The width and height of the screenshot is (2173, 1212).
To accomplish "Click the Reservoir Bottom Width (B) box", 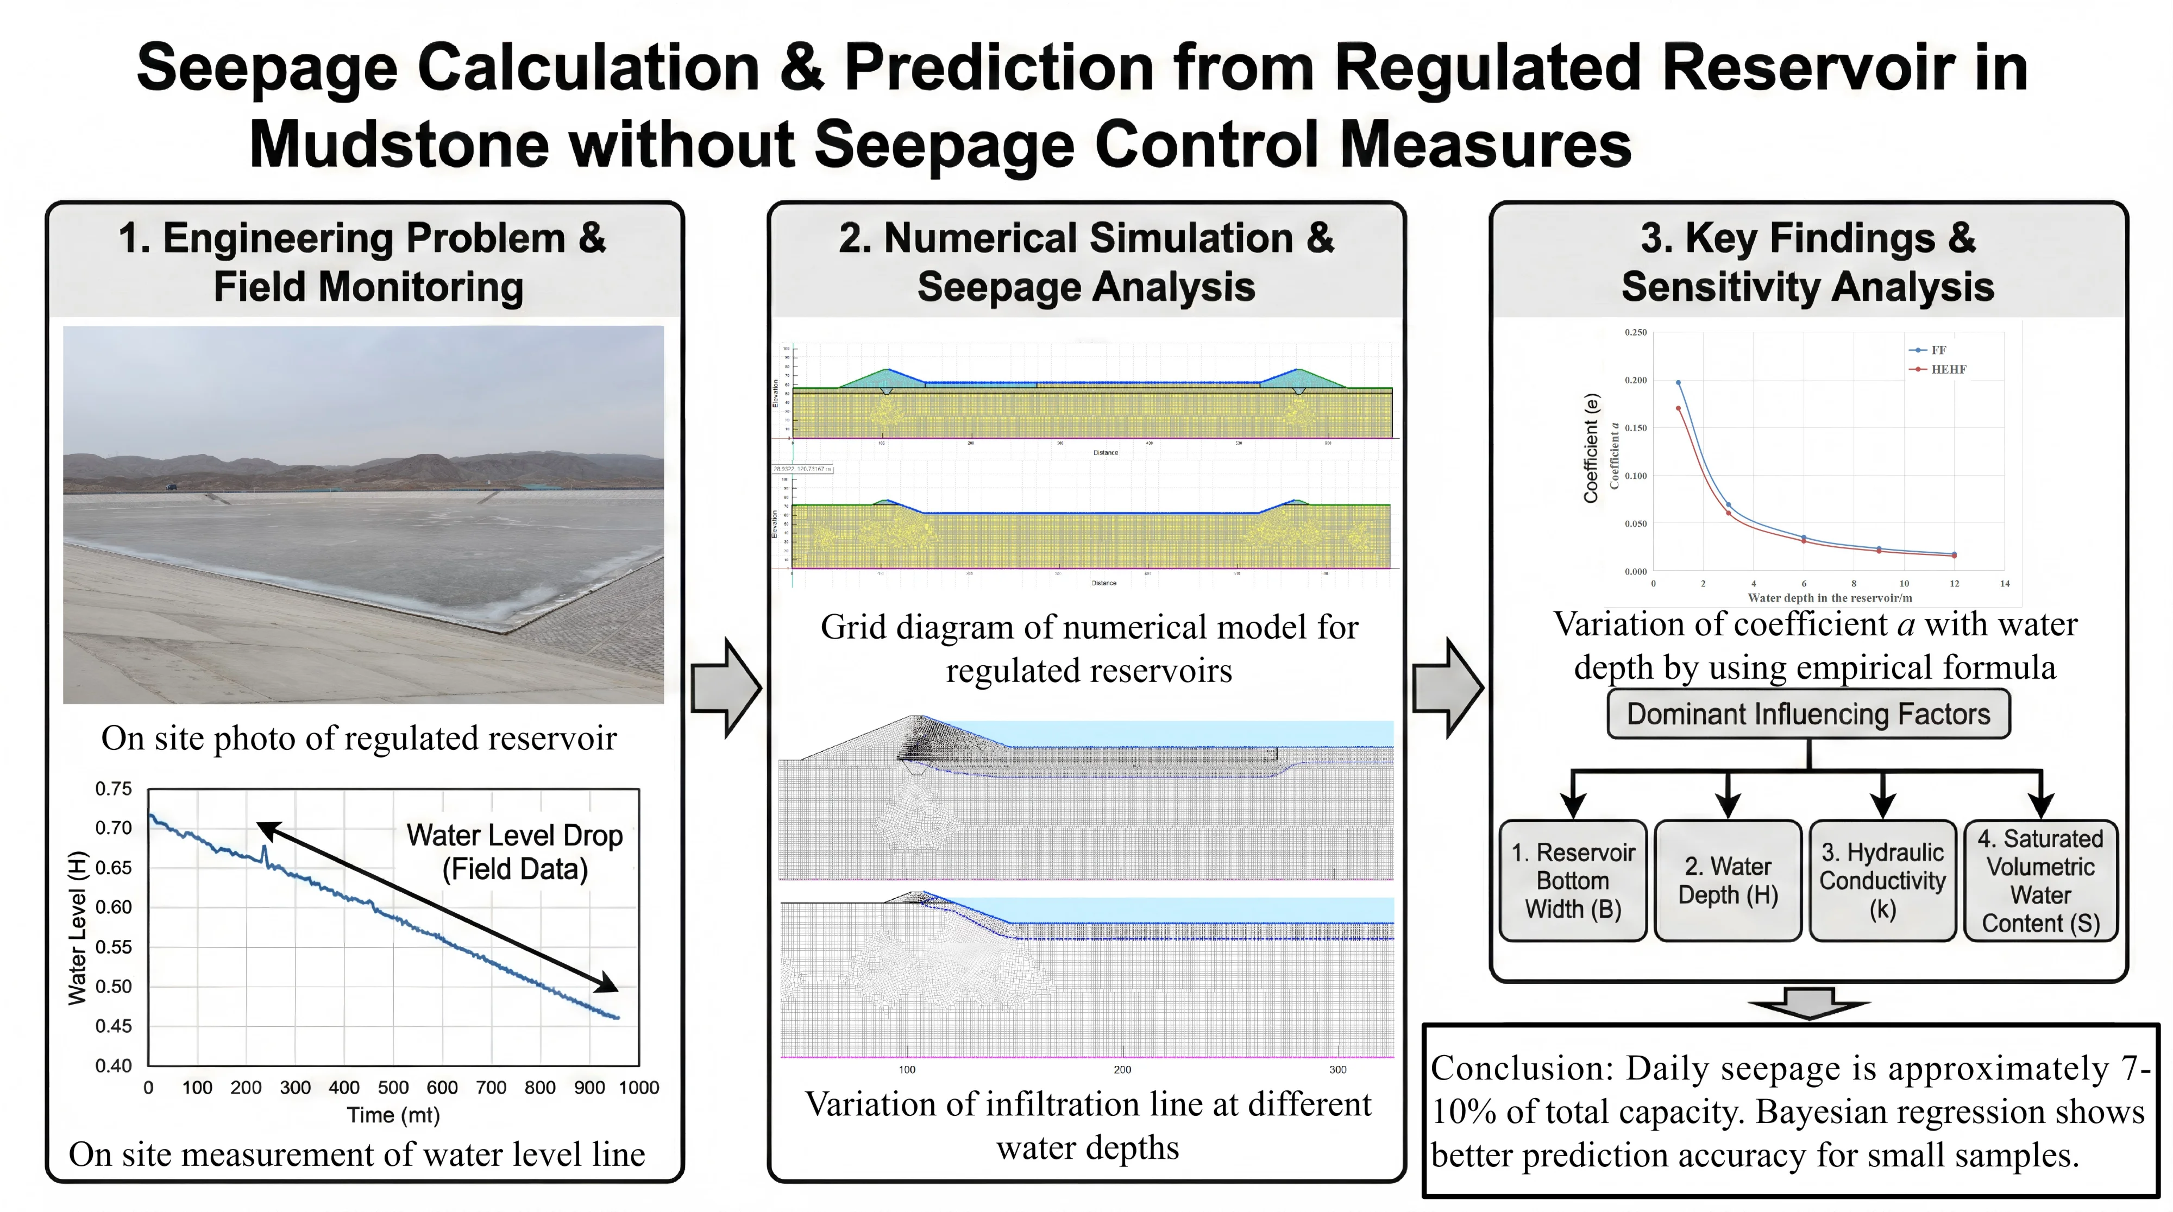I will coord(1572,881).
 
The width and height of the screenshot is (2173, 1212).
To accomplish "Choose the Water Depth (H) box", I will coord(1728,881).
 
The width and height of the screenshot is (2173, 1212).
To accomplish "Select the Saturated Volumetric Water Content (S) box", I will coord(2040,881).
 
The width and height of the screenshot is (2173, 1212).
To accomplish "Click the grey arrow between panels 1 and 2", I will coord(725,688).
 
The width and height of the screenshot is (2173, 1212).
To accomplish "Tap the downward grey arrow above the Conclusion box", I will coord(1808,1003).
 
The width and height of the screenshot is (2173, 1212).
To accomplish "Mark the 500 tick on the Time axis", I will coord(393,1087).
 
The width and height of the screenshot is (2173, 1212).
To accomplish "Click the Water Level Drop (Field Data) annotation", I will coord(514,852).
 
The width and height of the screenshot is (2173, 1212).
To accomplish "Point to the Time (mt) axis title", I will coord(393,1115).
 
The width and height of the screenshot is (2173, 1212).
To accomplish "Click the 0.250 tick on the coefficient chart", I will coord(1635,332).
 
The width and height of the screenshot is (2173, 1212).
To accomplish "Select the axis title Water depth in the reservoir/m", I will coord(1829,598).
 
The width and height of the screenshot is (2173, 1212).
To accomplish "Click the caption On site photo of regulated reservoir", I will coord(359,738).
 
